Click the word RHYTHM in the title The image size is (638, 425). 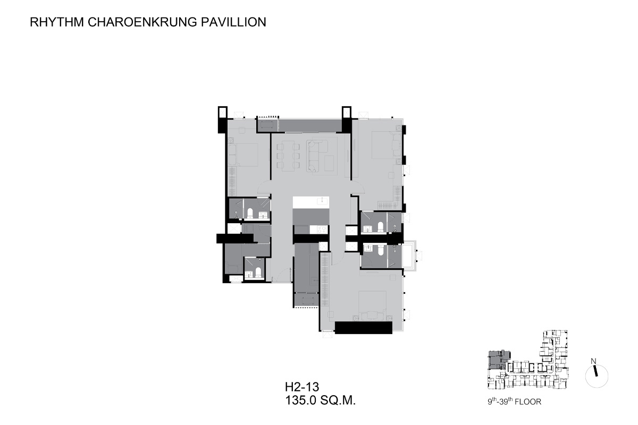pos(57,22)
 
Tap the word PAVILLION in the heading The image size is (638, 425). pos(233,22)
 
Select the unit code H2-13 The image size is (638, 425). pos(302,387)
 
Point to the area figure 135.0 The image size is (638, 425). pos(301,401)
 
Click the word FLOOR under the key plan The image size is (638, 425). pos(527,402)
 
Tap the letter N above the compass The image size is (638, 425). pos(593,361)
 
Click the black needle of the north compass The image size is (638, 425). pos(595,371)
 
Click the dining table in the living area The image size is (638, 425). pos(288,156)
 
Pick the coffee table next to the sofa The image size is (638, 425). pos(329,163)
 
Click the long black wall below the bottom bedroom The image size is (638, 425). pos(364,328)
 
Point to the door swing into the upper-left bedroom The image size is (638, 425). pos(264,188)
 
